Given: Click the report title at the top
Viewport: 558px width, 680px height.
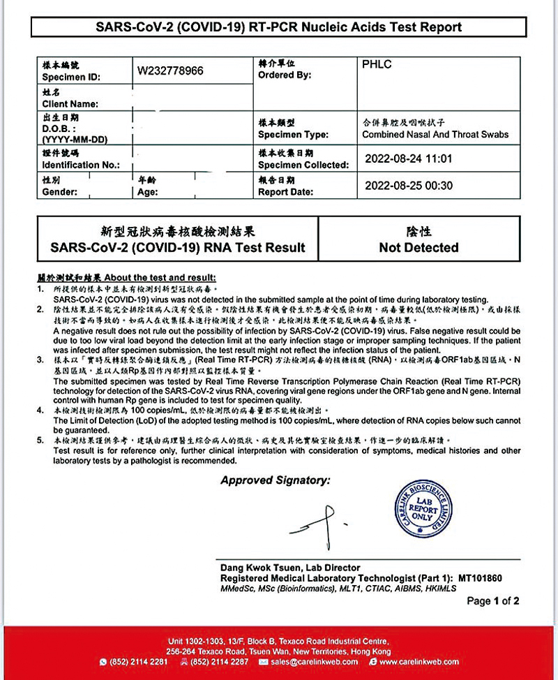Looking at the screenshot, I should (278, 27).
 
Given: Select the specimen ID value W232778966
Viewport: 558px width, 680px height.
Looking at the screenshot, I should (170, 71).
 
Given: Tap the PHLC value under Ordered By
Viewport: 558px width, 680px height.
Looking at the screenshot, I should (377, 65).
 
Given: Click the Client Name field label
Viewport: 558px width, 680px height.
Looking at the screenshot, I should (70, 103).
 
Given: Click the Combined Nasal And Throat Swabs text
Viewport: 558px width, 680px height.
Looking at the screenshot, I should (435, 134).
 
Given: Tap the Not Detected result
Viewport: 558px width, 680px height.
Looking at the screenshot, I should (418, 247).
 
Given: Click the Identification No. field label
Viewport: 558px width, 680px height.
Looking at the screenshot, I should (81, 165).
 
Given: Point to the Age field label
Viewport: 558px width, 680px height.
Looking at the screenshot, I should (148, 191).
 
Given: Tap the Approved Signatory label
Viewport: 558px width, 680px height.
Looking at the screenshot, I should (276, 480).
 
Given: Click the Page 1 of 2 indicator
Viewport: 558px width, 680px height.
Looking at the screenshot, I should (492, 600).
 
